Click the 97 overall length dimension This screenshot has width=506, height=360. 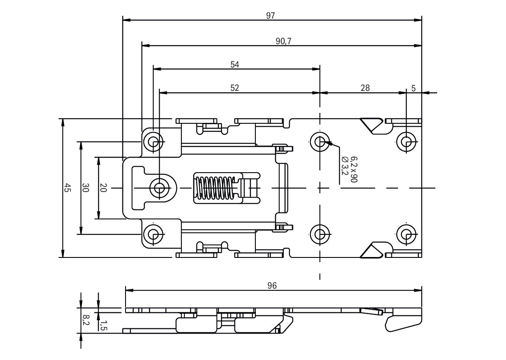(x=271, y=16)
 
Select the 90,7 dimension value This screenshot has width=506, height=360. (x=284, y=41)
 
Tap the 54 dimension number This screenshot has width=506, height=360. (x=235, y=64)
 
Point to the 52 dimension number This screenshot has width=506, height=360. (x=235, y=88)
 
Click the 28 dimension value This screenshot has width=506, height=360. (x=365, y=88)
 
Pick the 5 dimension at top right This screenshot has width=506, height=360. (x=414, y=88)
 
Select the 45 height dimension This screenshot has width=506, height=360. (x=67, y=188)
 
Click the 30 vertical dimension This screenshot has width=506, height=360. (x=85, y=188)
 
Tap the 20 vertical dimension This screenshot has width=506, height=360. (x=103, y=188)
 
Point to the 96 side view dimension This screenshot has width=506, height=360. (x=272, y=286)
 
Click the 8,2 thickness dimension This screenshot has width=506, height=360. (x=85, y=320)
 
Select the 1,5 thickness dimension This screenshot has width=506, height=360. (x=103, y=325)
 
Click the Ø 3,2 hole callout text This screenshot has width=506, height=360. (x=345, y=165)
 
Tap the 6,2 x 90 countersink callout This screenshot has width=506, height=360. (x=354, y=169)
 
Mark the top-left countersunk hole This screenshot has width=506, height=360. (x=153, y=141)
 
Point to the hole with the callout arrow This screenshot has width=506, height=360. (x=320, y=141)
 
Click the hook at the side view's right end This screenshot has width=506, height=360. (x=403, y=323)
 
